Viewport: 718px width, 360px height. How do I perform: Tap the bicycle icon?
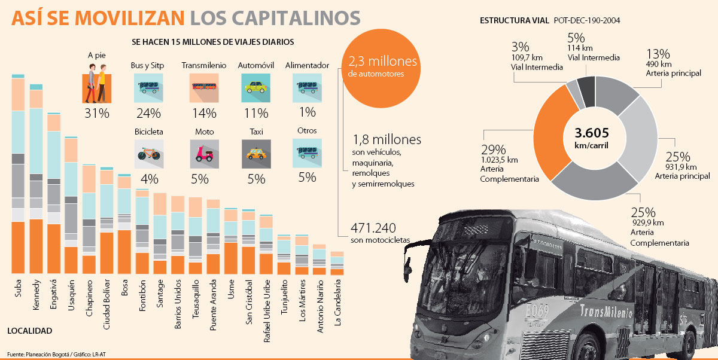tap(148, 152)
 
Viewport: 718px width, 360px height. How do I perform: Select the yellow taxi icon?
tap(255, 152)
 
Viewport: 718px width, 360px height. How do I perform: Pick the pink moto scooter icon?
tap(204, 152)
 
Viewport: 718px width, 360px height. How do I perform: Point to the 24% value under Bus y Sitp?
tap(148, 113)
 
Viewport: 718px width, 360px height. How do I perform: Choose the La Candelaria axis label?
tap(338, 297)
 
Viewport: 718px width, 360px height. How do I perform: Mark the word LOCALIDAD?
tap(30, 331)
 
